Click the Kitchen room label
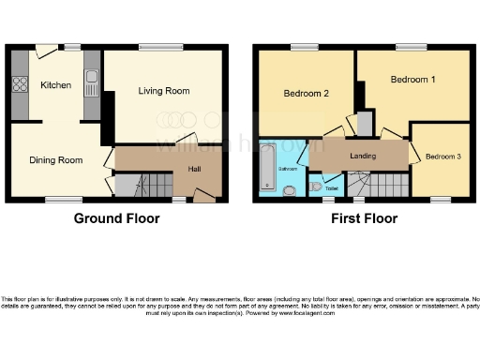55,85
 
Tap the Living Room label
164,91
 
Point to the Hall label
194,170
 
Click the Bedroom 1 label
413,81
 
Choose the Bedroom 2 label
306,94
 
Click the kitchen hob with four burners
19,85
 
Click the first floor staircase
384,186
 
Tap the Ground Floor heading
116,218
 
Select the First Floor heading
364,218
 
